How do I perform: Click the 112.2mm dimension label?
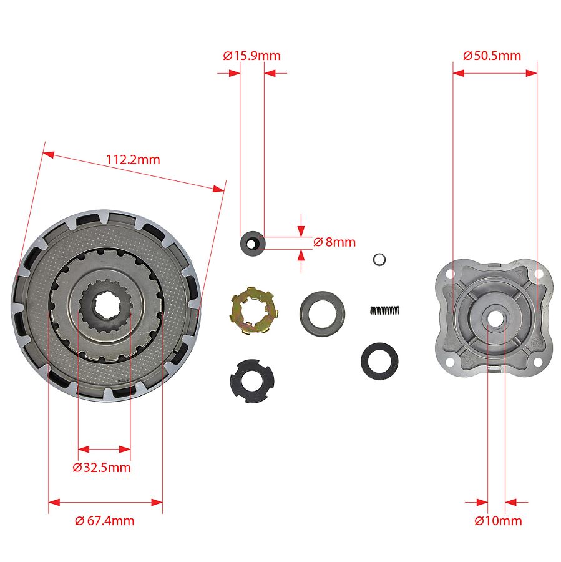[x=133, y=159]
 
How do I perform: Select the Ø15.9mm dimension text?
[x=251, y=56]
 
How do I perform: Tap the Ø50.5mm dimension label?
[x=492, y=56]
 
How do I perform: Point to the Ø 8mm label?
[x=334, y=242]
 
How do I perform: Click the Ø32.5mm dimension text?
[x=102, y=467]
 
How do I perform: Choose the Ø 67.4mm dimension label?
[x=105, y=520]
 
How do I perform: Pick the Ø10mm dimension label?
[x=498, y=520]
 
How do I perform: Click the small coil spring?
[x=384, y=310]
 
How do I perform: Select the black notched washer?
[x=252, y=381]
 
